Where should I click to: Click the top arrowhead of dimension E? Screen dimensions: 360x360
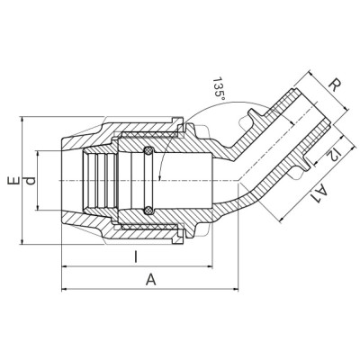tap(22, 118)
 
